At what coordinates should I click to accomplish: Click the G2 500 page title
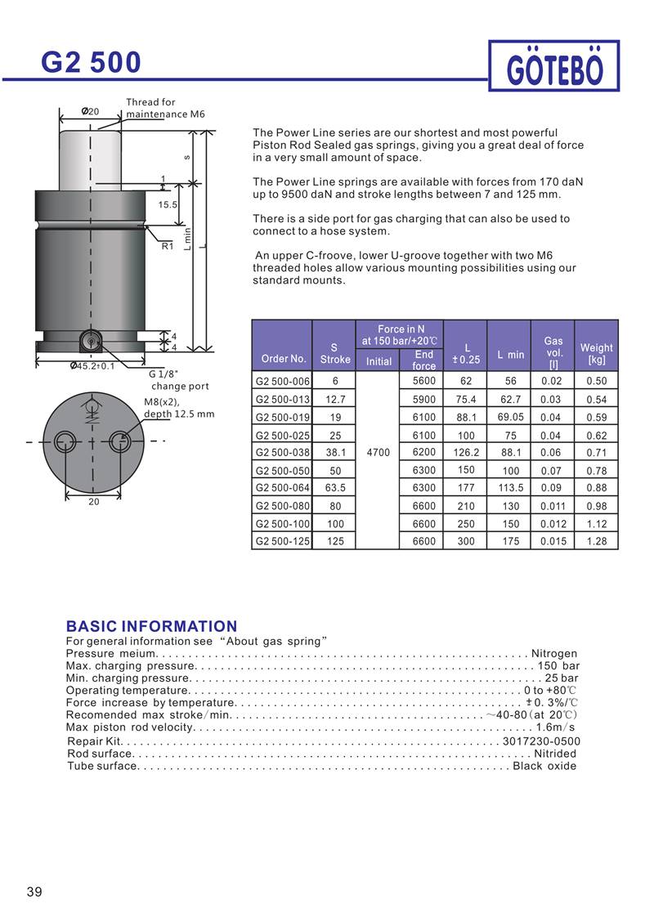[92, 61]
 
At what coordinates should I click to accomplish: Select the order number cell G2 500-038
[282, 451]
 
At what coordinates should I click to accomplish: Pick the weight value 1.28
[596, 541]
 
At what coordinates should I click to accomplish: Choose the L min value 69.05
[511, 416]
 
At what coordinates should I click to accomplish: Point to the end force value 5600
[424, 380]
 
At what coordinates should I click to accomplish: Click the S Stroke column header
[334, 352]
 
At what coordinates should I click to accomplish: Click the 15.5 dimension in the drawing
[168, 204]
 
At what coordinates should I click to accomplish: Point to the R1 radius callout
[168, 245]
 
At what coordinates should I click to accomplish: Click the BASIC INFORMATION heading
[151, 626]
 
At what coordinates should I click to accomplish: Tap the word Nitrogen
[553, 653]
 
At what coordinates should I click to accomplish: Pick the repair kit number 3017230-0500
[541, 741]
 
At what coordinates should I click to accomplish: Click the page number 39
[34, 891]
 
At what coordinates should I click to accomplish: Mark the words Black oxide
[544, 766]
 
